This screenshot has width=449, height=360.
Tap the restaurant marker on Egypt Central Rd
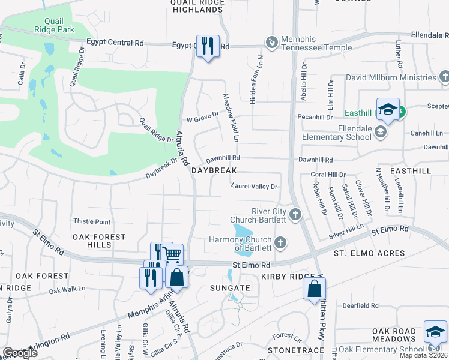[x=208, y=46]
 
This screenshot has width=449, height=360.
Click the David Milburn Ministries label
[x=391, y=78]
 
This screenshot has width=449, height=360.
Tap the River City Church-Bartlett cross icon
[x=295, y=215]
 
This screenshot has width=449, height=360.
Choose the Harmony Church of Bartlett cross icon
[x=280, y=243]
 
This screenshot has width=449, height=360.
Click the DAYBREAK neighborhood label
[x=214, y=171]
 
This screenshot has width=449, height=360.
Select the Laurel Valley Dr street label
[x=254, y=187]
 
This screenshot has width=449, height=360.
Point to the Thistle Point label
[x=92, y=222]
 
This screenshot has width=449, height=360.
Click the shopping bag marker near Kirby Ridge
[x=314, y=289]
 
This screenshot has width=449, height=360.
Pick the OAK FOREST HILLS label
[x=99, y=241]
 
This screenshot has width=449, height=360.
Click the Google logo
[x=20, y=353]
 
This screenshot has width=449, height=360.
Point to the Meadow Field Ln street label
[x=231, y=118]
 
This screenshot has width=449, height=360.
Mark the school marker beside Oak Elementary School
[x=435, y=332]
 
